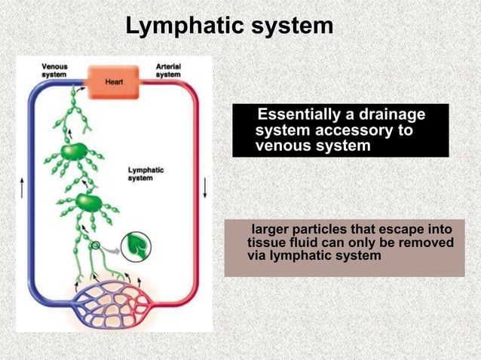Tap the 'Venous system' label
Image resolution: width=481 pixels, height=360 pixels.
pyautogui.click(x=54, y=70)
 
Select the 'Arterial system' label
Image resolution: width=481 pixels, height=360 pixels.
pyautogui.click(x=167, y=70)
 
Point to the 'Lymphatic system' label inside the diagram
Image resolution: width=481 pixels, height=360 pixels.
pyautogui.click(x=146, y=174)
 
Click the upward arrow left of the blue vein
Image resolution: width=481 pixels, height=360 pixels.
pyautogui.click(x=22, y=188)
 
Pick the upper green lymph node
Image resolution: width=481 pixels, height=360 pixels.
pyautogui.click(x=73, y=151)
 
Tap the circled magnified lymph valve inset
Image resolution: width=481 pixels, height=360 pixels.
pyautogui.click(x=136, y=246)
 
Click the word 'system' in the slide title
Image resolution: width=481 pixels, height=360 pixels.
pyautogui.click(x=290, y=26)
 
